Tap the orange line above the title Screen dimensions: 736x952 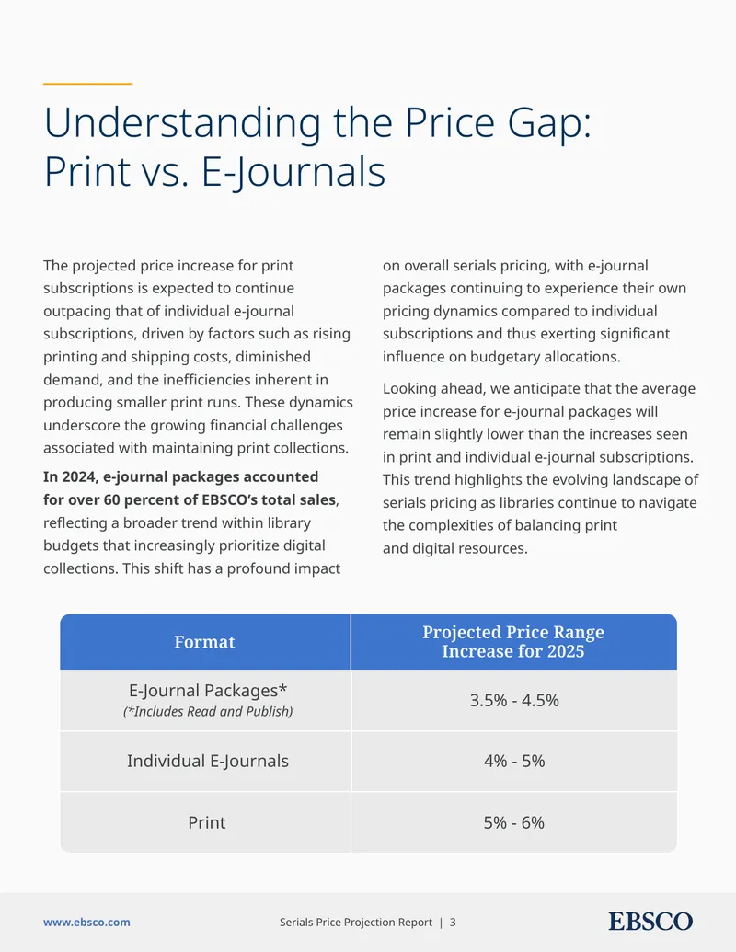coord(88,84)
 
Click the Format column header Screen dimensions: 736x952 coord(204,642)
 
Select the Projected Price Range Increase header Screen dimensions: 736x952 coord(513,642)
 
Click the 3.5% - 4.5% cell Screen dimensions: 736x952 coord(514,700)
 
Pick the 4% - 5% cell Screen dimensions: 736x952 coord(514,761)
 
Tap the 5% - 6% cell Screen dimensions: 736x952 coord(514,822)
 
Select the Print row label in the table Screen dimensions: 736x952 coord(206,822)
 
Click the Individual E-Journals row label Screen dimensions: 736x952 coord(208,761)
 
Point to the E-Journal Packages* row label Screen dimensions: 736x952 coord(208,691)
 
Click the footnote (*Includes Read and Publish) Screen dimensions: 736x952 coord(208,712)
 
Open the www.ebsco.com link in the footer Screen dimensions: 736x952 coord(86,923)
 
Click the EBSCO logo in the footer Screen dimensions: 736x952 coord(650,922)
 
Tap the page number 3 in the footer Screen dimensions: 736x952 coord(453,923)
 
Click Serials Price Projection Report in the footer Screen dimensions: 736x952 coord(356,923)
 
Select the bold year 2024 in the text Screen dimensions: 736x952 coord(78,476)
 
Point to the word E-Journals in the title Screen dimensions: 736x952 coord(293,172)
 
